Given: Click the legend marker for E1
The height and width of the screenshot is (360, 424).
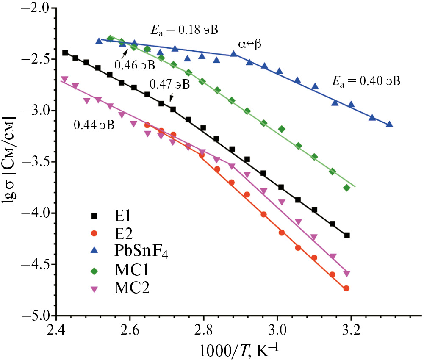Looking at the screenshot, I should pos(94,216).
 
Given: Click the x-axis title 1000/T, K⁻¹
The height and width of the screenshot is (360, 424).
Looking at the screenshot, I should pos(234,349).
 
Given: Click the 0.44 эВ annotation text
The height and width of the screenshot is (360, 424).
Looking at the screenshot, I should pos(94,125).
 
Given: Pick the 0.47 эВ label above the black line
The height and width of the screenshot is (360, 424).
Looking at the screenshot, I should pos(169,84).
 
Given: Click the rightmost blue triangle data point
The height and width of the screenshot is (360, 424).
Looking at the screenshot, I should pos(389,124).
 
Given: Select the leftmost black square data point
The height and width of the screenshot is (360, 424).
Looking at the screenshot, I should pos(65,53).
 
